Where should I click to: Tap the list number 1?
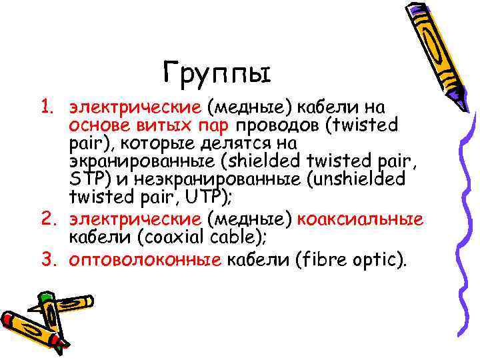coord(45,107)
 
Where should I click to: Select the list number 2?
coord(45,221)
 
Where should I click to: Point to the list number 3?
coord(45,260)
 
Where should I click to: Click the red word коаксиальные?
coord(360,221)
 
